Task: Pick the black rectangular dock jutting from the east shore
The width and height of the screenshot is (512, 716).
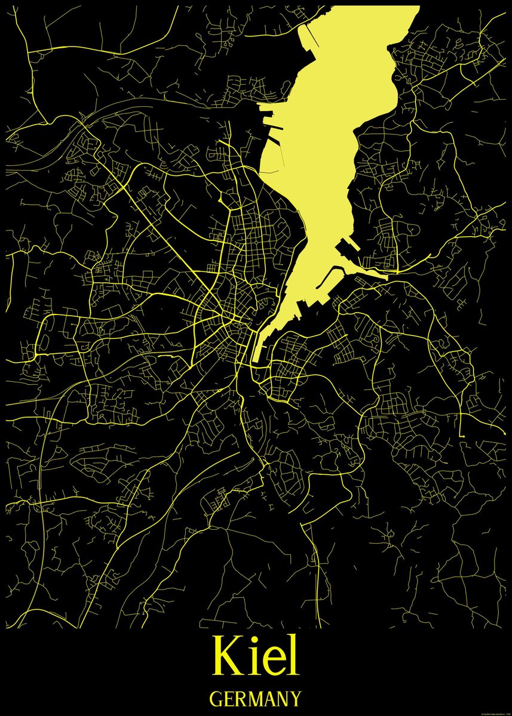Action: pos(346,248)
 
